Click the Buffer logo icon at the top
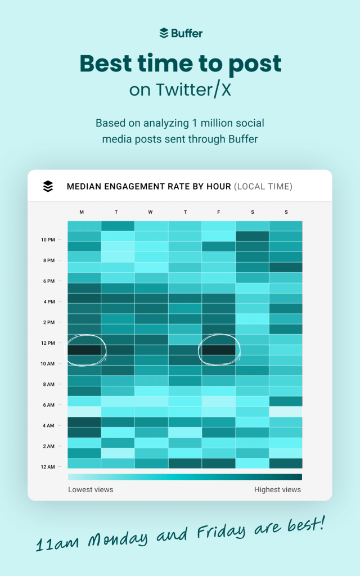[x=164, y=33]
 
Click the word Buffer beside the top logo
[x=187, y=33]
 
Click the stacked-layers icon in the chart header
[x=48, y=186]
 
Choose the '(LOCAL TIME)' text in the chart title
[x=263, y=186]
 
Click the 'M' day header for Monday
[x=82, y=212]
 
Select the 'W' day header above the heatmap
[x=150, y=212]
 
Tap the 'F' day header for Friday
[x=218, y=212]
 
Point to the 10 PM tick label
[x=47, y=240]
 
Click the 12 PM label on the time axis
[x=47, y=343]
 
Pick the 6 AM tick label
[x=48, y=405]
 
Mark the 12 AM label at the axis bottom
[x=47, y=467]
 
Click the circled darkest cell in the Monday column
[x=84, y=350]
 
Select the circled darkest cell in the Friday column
[x=218, y=350]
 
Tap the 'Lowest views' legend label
[x=91, y=489]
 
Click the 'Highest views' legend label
[x=277, y=489]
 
